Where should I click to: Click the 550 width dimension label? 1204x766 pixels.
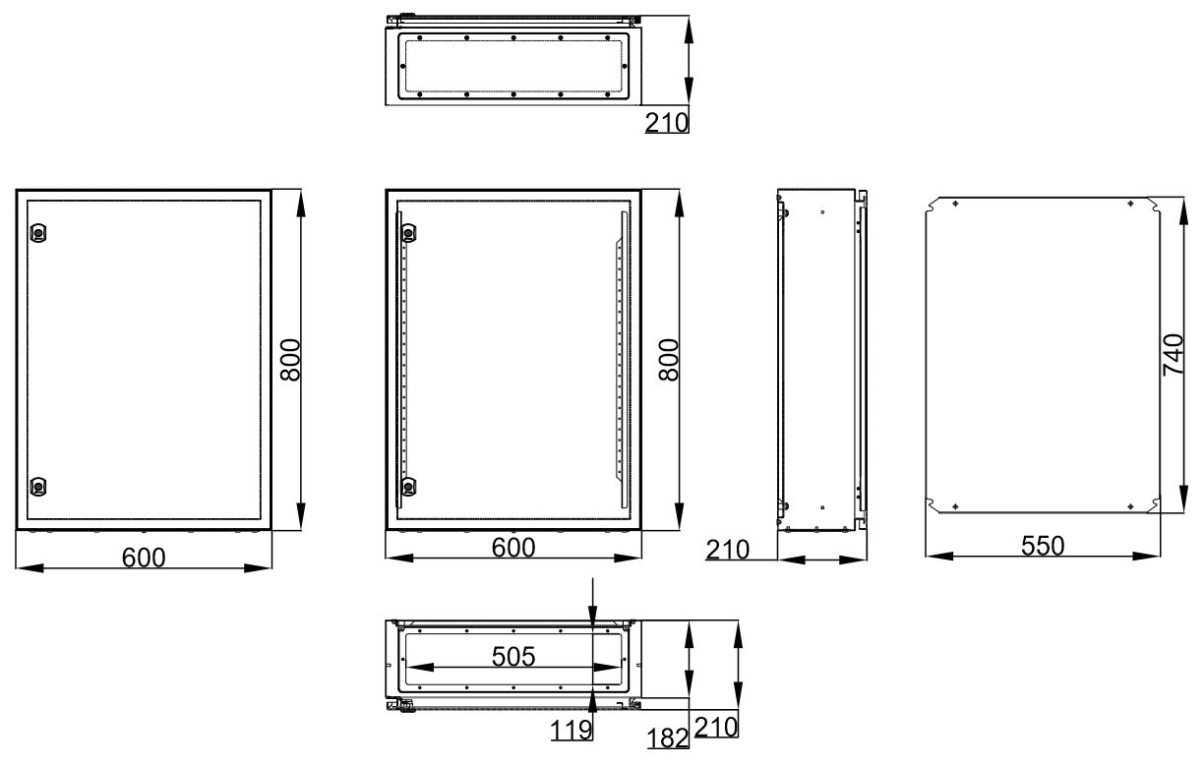coord(1043,547)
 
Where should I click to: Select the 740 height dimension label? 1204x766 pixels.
coord(1173,355)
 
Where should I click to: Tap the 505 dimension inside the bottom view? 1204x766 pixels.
coord(513,657)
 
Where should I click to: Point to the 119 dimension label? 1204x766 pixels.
coord(571,731)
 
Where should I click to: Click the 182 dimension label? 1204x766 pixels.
coord(668,738)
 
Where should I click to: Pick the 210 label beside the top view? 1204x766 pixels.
coord(667,123)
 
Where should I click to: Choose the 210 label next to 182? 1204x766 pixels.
coord(716,728)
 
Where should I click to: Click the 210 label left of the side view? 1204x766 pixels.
coord(727,550)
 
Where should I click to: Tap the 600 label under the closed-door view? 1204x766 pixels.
coord(144,559)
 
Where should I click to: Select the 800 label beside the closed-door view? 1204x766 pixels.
coord(291,360)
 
